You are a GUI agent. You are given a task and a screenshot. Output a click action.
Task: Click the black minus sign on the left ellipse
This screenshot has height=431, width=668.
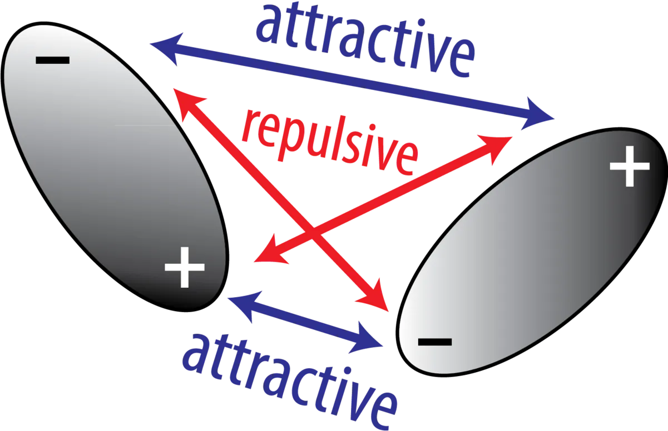[x=53, y=60]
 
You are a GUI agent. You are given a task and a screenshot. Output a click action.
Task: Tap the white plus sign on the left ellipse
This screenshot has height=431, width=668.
[x=185, y=267]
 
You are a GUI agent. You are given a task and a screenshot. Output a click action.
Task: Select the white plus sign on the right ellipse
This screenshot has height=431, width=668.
[x=630, y=166]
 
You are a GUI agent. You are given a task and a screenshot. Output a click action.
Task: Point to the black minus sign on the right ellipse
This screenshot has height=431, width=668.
[x=435, y=342]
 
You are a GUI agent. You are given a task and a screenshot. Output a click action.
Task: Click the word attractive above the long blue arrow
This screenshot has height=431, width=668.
[x=365, y=40]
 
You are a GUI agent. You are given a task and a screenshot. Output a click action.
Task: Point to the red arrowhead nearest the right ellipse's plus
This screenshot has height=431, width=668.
[x=497, y=147]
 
